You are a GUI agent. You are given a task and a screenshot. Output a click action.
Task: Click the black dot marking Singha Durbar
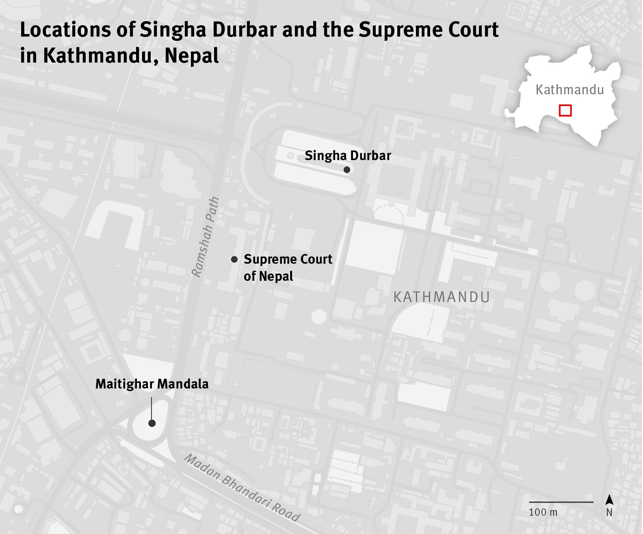(x=346, y=170)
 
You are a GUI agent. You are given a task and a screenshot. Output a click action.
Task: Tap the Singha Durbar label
(x=348, y=156)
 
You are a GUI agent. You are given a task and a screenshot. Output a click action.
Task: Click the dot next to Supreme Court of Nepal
(x=234, y=259)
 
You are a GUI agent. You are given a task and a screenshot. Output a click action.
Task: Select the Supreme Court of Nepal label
(x=288, y=267)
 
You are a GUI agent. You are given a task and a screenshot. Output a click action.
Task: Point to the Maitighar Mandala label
(x=152, y=384)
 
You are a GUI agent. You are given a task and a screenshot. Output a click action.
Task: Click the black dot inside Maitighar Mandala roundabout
(x=152, y=423)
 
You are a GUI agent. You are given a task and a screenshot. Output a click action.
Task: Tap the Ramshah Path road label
(x=206, y=237)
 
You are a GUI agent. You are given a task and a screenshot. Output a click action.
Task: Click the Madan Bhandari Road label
(x=242, y=488)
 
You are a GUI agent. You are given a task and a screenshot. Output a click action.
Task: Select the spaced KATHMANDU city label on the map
(x=442, y=297)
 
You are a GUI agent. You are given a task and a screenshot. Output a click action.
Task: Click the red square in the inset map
(x=565, y=111)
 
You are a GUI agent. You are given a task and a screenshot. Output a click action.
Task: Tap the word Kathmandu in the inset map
(x=569, y=90)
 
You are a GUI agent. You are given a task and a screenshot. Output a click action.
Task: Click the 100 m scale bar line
(x=561, y=502)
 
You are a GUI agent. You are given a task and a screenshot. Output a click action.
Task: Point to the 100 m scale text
(x=543, y=512)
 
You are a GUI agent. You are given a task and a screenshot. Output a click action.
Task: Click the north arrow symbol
(x=609, y=500)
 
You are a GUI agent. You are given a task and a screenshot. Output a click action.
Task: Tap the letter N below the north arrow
(x=609, y=513)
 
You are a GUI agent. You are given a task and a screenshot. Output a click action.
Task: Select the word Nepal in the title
(x=192, y=56)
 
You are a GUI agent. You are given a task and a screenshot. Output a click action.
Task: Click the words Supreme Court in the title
(x=429, y=30)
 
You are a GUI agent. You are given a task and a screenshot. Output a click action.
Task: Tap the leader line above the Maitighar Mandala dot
(x=152, y=408)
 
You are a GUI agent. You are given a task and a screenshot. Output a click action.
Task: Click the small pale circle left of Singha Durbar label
(x=290, y=156)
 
